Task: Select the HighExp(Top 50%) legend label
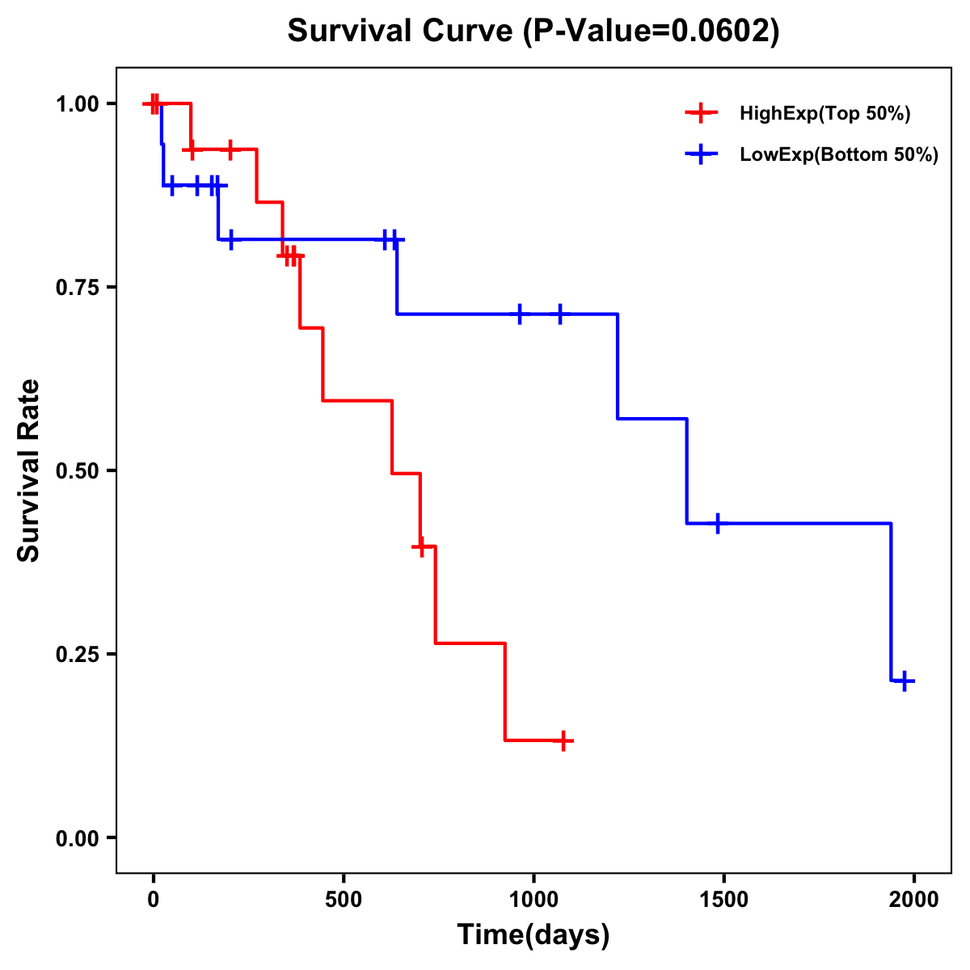point(825,114)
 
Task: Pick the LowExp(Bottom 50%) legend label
point(839,155)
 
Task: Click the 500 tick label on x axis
point(344,900)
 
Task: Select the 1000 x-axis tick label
point(533,900)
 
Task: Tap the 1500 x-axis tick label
point(723,900)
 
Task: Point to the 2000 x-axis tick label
point(914,900)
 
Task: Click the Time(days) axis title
point(533,935)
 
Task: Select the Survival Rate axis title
point(29,470)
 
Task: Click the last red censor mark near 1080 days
point(563,740)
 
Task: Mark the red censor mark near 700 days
point(420,547)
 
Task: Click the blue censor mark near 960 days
point(520,314)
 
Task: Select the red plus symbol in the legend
point(702,114)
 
